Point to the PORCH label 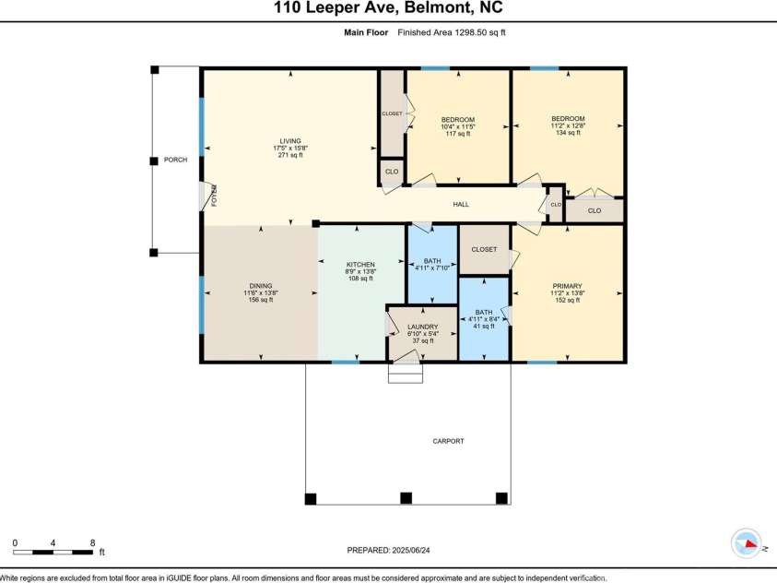tap(175, 160)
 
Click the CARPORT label tap(448, 441)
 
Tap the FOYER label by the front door tap(213, 195)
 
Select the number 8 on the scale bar tap(93, 541)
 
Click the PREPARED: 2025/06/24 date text tap(388, 550)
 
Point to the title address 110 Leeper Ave tap(388, 9)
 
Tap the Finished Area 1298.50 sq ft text tap(452, 32)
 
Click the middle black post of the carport tap(405, 499)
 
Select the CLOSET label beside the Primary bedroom tap(484, 249)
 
